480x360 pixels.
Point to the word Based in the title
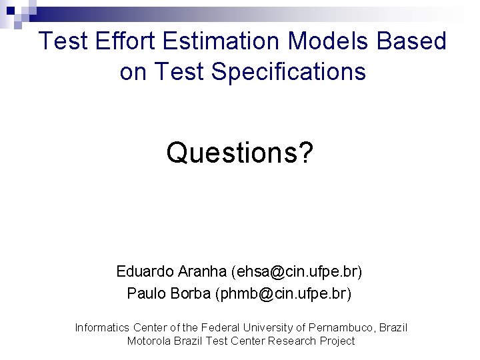(411, 41)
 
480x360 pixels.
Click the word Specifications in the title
(289, 71)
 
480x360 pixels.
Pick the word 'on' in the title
(133, 71)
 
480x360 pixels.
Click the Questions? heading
(239, 153)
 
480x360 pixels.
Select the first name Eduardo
(145, 272)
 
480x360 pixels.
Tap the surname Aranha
(203, 272)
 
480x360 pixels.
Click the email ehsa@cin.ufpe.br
(297, 272)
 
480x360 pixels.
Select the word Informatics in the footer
(102, 327)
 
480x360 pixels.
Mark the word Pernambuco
(343, 327)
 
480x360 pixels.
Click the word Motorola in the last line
(149, 341)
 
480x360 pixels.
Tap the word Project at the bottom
(338, 341)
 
